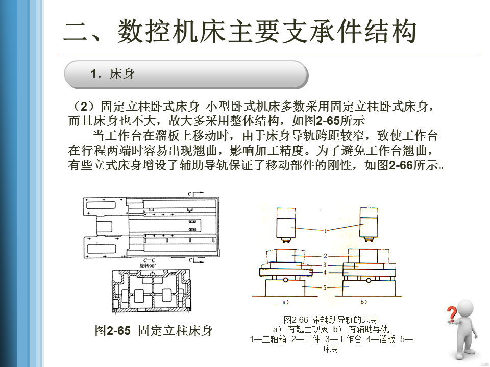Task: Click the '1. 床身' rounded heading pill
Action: [x=186, y=74]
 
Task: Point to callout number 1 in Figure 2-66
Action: [x=325, y=230]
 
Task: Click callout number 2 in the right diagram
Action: [x=325, y=255]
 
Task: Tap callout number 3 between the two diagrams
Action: [x=325, y=265]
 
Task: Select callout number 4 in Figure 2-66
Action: [x=325, y=273]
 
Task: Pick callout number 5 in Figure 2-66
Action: [x=325, y=287]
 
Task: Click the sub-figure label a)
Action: [x=286, y=303]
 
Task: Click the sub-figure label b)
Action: [x=363, y=303]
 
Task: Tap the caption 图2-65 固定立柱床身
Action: [x=154, y=330]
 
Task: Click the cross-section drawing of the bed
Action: [x=152, y=291]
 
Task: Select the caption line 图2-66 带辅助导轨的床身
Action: [x=331, y=320]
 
